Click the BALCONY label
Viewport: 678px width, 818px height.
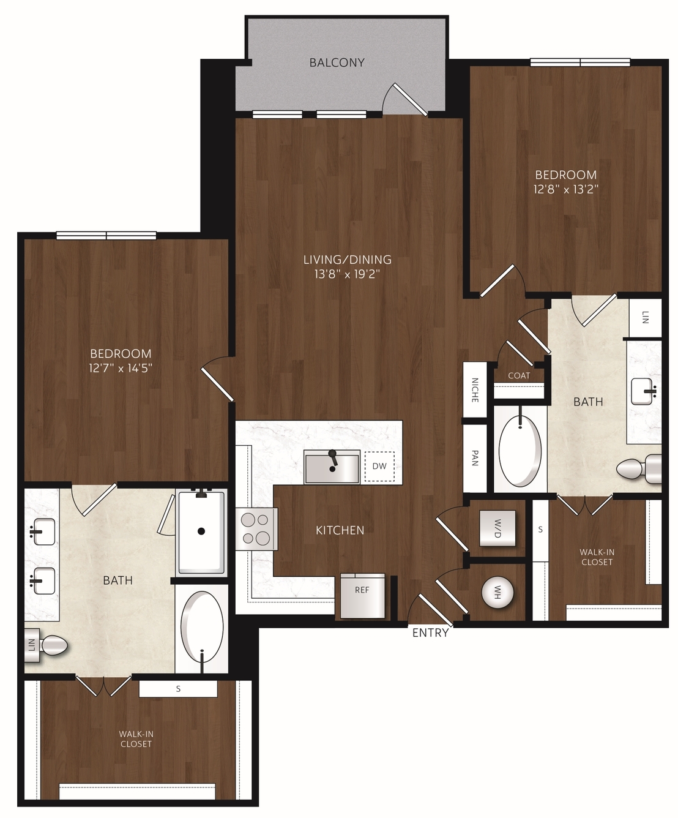[337, 62]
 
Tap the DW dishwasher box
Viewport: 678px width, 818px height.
[379, 466]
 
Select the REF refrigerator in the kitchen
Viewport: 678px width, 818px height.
[362, 596]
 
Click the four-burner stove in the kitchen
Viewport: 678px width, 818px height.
[255, 529]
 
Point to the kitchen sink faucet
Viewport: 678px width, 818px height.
[332, 460]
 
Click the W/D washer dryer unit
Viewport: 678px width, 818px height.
[497, 528]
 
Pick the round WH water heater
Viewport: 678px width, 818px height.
[497, 592]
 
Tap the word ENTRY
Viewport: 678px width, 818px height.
[430, 632]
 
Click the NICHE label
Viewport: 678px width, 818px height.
[475, 390]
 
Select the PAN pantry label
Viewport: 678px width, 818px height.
[475, 457]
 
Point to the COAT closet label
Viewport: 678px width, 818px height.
[519, 376]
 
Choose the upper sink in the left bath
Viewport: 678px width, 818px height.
[42, 531]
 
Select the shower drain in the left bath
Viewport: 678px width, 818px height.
[201, 531]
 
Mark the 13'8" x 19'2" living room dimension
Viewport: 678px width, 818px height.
[348, 274]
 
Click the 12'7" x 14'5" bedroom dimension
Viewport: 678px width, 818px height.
[121, 368]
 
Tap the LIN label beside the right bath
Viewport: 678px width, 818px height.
[646, 317]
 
